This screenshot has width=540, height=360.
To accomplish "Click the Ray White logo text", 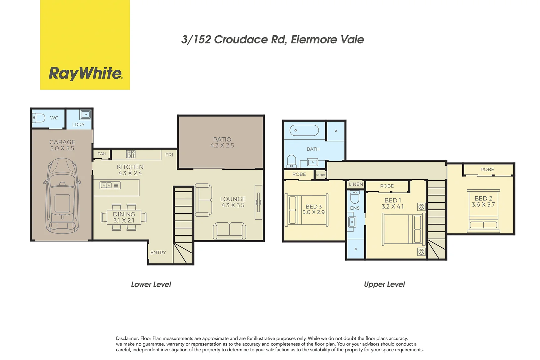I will [x=86, y=73].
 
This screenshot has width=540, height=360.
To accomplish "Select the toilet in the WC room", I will [x=39, y=118].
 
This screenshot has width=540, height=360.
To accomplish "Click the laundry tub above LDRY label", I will [x=85, y=115].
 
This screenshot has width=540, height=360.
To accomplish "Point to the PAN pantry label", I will [x=102, y=154].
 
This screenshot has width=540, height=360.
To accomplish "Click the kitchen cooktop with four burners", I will [x=131, y=154].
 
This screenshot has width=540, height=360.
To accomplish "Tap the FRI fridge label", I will [x=169, y=155].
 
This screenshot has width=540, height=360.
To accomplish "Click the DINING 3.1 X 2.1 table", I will [x=124, y=217].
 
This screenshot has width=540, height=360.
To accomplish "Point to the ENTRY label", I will [x=158, y=253].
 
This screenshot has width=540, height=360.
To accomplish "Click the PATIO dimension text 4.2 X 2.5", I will [x=222, y=146].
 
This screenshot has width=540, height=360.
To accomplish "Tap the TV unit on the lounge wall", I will [x=258, y=202].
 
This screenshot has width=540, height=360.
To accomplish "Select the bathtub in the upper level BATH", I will [x=304, y=130].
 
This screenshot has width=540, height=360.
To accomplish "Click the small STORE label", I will [x=321, y=175].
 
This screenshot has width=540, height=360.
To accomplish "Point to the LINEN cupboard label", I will [x=356, y=184].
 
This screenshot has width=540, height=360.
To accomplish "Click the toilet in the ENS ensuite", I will [x=355, y=197].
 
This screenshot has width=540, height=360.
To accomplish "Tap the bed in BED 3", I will [x=307, y=210].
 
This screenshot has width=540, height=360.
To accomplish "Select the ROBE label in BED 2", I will [x=487, y=170].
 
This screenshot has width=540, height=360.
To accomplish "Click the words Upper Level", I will [x=384, y=284].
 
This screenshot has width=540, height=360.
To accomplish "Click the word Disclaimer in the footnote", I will [x=127, y=338].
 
